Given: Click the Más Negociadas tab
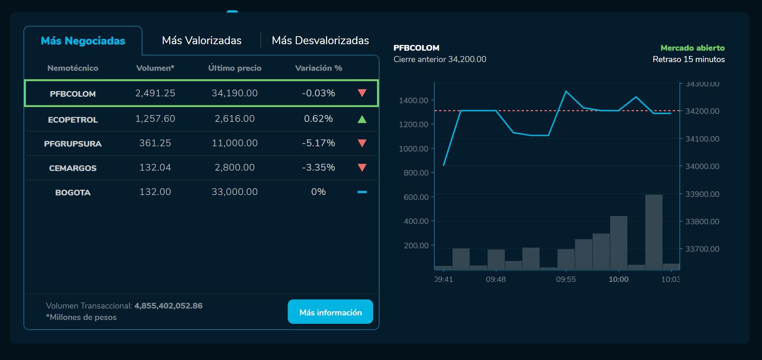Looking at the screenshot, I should pos(83,41).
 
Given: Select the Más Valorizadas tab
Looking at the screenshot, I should pos(202,41).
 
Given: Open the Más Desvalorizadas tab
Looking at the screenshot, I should pos(320,41).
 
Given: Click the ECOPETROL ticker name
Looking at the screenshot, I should pos(73,120).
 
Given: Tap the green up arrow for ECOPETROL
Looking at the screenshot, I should pos(362,119).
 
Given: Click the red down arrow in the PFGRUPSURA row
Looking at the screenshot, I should pos(362,143).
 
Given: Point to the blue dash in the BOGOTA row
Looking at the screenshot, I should pos(362,192).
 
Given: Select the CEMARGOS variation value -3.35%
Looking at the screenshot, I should pos(318,168).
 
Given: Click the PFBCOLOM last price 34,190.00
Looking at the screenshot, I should pos(234,93).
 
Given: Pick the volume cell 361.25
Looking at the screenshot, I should pos(155,143).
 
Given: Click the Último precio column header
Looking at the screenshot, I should pos(234,68).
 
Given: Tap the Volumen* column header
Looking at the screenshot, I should pos(155,68).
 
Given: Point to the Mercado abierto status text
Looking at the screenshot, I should pos(692,48).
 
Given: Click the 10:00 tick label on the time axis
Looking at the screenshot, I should pos(618,279).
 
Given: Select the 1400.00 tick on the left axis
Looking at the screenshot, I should pos(414,101).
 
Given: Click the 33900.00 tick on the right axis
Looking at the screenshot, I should pos(702,194).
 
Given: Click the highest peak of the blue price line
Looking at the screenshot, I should pos(566,91).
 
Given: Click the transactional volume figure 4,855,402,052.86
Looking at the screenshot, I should pos(168,306).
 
